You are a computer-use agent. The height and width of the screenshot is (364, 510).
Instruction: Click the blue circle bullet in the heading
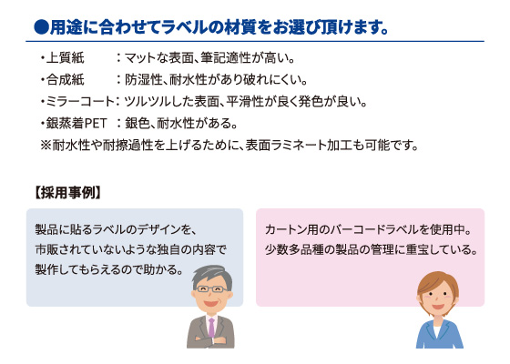tap(41, 27)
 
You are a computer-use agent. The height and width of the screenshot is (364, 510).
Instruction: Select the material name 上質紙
tap(65, 58)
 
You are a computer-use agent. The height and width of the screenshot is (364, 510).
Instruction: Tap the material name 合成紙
tap(65, 80)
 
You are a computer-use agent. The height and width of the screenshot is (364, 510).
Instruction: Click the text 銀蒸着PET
tap(76, 123)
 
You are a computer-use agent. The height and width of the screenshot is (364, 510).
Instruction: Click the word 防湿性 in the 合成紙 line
tap(144, 80)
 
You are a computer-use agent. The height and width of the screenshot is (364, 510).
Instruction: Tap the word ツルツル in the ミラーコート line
tap(148, 101)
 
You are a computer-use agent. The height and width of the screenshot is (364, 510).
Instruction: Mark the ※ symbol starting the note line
tap(46, 145)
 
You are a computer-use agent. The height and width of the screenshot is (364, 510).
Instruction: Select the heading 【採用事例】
tap(67, 193)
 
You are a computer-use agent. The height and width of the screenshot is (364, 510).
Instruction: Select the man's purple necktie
tap(211, 328)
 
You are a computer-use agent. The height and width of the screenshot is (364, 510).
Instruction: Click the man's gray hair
tap(212, 276)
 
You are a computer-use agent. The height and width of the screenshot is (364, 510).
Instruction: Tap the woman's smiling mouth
tap(438, 307)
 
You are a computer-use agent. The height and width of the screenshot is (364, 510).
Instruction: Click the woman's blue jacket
tap(439, 336)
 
